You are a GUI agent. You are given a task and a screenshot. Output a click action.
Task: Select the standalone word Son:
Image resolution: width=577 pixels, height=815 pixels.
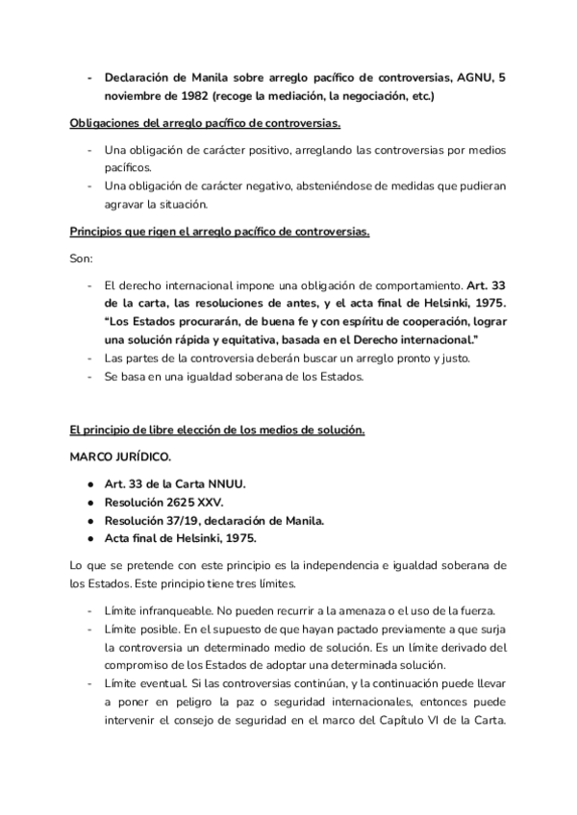tap(84, 259)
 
